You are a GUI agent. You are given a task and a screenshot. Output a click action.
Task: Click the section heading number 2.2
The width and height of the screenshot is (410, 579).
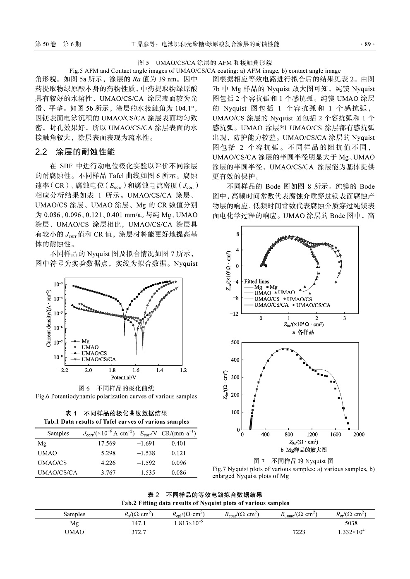[x=43, y=152]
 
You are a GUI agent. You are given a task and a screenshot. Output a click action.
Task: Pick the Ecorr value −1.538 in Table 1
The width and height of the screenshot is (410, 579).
[x=146, y=453]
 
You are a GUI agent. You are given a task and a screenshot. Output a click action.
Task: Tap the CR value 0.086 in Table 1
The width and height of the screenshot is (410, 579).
[x=179, y=472]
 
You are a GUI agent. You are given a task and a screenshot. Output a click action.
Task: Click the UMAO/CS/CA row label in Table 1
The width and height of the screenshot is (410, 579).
[x=57, y=472]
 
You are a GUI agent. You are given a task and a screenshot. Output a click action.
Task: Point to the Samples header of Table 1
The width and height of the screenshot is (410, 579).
[x=58, y=433]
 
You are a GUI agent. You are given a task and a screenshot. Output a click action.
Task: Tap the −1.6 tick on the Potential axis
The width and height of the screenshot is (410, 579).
[x=134, y=370]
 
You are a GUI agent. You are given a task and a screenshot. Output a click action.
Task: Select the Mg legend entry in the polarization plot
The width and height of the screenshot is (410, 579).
[x=85, y=341]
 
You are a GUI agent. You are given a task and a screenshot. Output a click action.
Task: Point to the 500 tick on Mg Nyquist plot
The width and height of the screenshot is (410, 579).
[x=235, y=342]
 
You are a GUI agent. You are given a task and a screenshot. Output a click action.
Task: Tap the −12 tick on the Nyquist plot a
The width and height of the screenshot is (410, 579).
[x=234, y=314]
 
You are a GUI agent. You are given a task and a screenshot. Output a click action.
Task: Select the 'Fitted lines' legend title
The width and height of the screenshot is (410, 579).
[x=257, y=281]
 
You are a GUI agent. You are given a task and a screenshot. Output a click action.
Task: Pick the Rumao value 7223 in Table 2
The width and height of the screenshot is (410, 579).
[x=299, y=532]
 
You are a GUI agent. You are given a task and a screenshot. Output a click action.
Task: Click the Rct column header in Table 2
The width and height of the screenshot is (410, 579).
[x=351, y=514]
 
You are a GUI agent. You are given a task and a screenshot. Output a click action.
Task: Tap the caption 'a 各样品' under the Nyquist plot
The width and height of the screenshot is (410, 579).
[x=303, y=332]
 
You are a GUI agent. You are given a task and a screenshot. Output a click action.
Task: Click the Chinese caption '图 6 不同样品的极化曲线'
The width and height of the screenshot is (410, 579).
[x=116, y=388]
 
